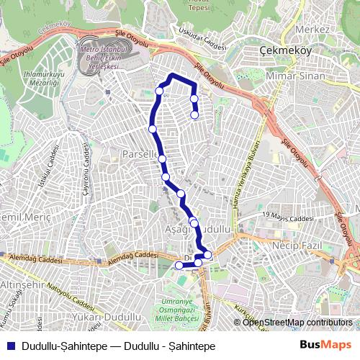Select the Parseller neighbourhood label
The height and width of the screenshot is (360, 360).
(139, 155)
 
